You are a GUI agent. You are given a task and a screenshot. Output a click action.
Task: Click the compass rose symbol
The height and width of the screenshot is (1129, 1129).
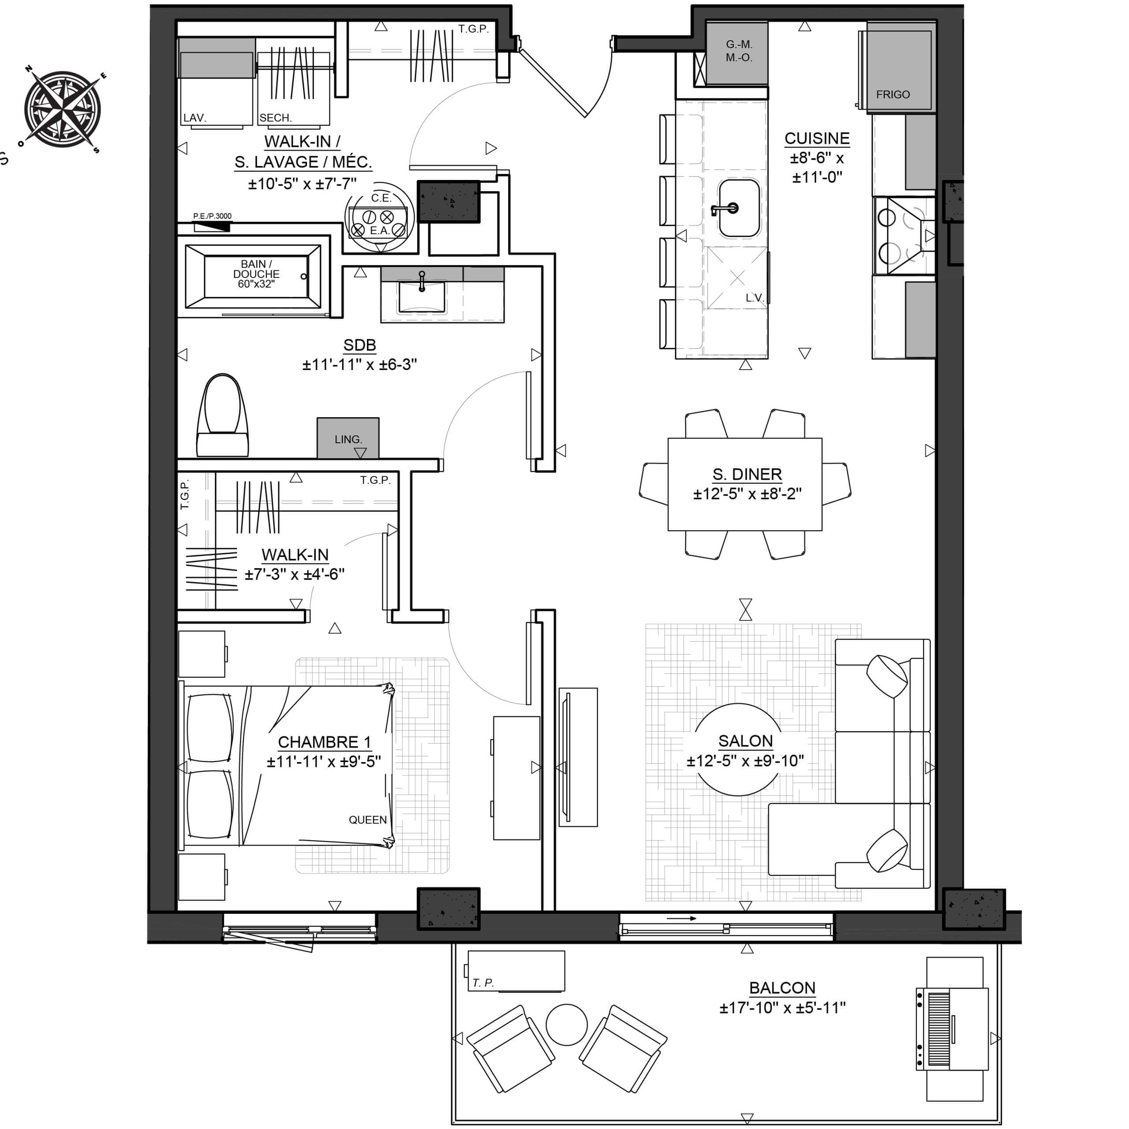pos(63,109)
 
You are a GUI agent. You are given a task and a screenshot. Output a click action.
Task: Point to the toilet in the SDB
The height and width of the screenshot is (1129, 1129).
pos(223,415)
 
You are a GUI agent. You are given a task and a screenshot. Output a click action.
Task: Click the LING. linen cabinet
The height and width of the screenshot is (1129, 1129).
pos(348,437)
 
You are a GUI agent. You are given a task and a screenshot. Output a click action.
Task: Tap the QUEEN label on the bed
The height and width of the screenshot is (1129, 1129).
pos(367,820)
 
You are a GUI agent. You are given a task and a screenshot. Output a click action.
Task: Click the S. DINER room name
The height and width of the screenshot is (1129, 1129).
pos(747,474)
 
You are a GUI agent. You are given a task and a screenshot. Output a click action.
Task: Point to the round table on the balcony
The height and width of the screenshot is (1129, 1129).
pos(566,1024)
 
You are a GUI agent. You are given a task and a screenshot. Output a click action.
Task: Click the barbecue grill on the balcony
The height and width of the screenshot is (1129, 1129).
pos(953,1029)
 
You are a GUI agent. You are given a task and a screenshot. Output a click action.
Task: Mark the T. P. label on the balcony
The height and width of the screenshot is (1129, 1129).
pos(483,983)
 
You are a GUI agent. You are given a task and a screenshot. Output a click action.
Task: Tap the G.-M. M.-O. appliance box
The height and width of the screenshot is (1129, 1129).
pos(737,53)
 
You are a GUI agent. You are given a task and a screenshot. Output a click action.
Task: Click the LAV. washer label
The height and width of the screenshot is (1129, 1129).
pos(194,117)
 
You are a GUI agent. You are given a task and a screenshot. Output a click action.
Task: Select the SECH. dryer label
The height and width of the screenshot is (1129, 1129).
pos(275,117)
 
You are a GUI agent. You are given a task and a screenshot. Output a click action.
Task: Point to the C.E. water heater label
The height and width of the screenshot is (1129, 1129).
pos(381,198)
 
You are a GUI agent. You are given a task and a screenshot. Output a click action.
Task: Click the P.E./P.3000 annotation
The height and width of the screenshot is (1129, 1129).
pos(212,216)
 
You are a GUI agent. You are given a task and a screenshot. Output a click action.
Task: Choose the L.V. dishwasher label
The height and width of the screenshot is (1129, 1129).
pos(755,298)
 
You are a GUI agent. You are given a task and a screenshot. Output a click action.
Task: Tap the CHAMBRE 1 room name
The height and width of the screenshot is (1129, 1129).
pos(324,742)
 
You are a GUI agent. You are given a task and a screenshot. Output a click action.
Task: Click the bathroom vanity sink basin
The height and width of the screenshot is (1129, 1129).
pos(421,297)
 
